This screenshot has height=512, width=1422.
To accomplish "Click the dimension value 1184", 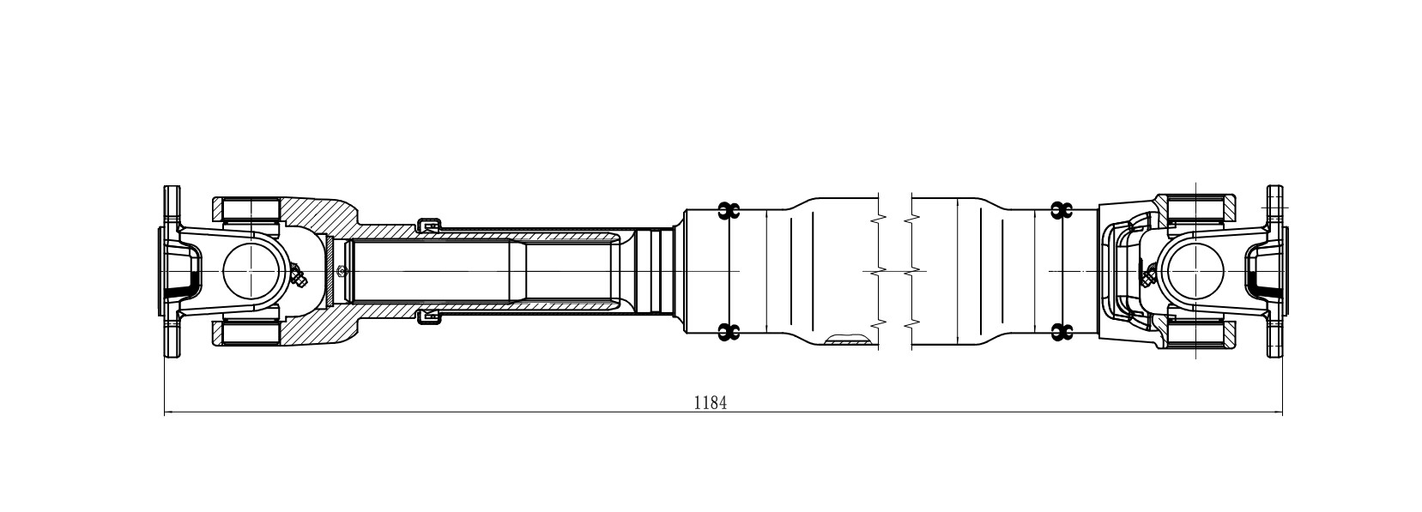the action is coord(711,402).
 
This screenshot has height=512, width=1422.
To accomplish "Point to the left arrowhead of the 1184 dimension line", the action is coord(169,413).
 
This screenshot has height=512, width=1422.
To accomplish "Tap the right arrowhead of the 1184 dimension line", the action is coord(1277,413).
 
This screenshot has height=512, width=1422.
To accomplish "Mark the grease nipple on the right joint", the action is coord(1147,274).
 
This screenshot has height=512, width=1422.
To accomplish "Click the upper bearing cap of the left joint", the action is coord(251,209).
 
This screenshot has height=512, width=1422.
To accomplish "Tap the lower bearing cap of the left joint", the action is coord(251,333).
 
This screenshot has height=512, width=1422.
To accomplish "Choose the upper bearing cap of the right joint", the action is coord(1195,209).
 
